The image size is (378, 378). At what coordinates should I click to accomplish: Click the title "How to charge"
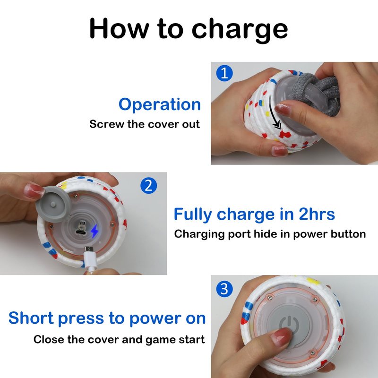point(189,29)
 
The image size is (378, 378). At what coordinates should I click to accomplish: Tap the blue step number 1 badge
point(224,73)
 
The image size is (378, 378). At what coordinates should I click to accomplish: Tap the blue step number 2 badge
point(148,185)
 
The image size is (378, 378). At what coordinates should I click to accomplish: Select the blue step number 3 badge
point(224,289)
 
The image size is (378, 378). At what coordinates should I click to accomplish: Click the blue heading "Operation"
point(160,104)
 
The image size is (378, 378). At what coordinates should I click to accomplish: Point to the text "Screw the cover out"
point(145,124)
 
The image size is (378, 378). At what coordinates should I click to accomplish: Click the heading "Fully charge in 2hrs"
point(254,215)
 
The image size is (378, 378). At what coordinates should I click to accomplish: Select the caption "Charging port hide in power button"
point(270,234)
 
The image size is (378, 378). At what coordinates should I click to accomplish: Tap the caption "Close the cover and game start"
point(119,339)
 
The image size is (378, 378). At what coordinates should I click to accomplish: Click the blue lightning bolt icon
point(94,231)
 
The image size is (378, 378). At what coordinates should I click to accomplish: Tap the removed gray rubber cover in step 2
point(52,204)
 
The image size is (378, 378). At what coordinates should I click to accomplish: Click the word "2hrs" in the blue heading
point(317,214)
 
